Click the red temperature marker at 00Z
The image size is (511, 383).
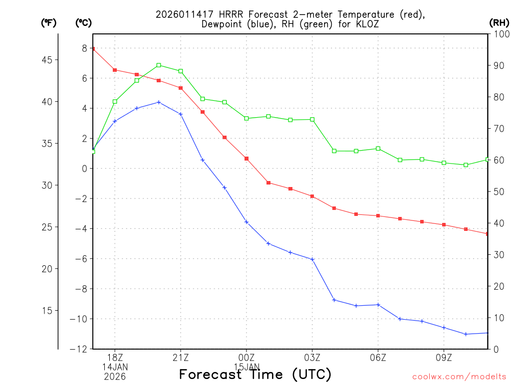coord(247,159)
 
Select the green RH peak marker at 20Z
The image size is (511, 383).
coord(159,65)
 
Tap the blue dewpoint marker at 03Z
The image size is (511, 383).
coord(312,259)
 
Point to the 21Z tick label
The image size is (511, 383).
coord(181,358)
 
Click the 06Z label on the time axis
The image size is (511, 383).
coord(378,358)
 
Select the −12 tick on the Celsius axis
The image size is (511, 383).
coord(79,349)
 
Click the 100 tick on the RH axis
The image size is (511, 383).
coord(500,34)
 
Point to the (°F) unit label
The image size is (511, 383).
coord(49,22)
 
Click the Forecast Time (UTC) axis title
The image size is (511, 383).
coord(255,374)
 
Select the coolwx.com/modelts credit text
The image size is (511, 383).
coord(459,377)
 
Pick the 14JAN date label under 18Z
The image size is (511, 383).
coord(115,367)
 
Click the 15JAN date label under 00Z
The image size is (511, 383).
coord(247,367)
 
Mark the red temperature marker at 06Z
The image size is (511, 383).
coord(378,216)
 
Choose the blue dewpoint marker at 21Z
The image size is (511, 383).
coord(181,114)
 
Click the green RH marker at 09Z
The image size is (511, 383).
coord(444,163)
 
